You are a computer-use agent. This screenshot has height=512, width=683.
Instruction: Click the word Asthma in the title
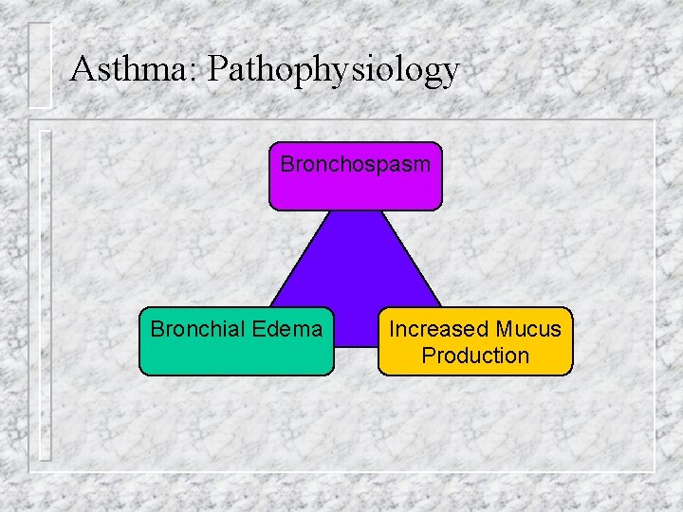coord(129,69)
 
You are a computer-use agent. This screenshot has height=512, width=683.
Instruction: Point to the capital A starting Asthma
coord(83,69)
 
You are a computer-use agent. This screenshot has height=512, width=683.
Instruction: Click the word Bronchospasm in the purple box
coord(356,164)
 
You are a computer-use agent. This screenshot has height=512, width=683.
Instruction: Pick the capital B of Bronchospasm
coord(287,164)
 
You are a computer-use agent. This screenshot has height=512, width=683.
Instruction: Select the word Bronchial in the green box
coord(196,329)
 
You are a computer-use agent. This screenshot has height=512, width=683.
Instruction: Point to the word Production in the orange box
coord(475,356)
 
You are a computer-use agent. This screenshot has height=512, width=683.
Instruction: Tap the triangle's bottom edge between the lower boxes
coord(356,346)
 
